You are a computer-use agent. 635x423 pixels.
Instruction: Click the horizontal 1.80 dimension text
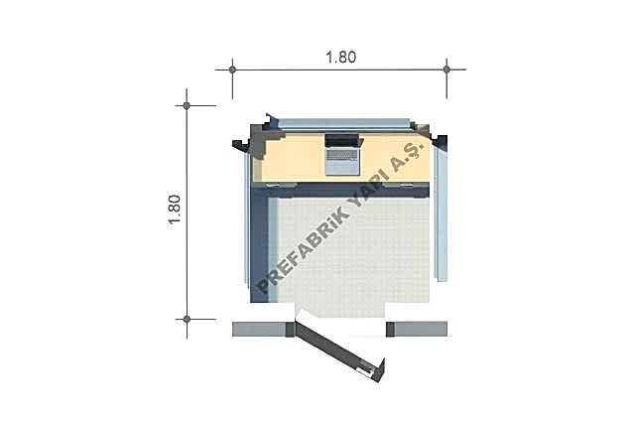341,58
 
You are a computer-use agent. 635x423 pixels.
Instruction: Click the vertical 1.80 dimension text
175,210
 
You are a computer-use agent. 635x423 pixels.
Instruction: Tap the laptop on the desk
342,154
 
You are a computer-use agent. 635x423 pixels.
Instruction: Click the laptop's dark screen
342,141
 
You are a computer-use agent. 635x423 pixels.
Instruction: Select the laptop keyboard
342,155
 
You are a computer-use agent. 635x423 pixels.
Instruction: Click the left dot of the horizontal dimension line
232,70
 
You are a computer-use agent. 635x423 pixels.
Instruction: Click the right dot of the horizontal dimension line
446,70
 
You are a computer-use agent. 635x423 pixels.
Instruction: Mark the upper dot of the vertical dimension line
187,105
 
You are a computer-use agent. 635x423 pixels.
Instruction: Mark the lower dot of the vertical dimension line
187,320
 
